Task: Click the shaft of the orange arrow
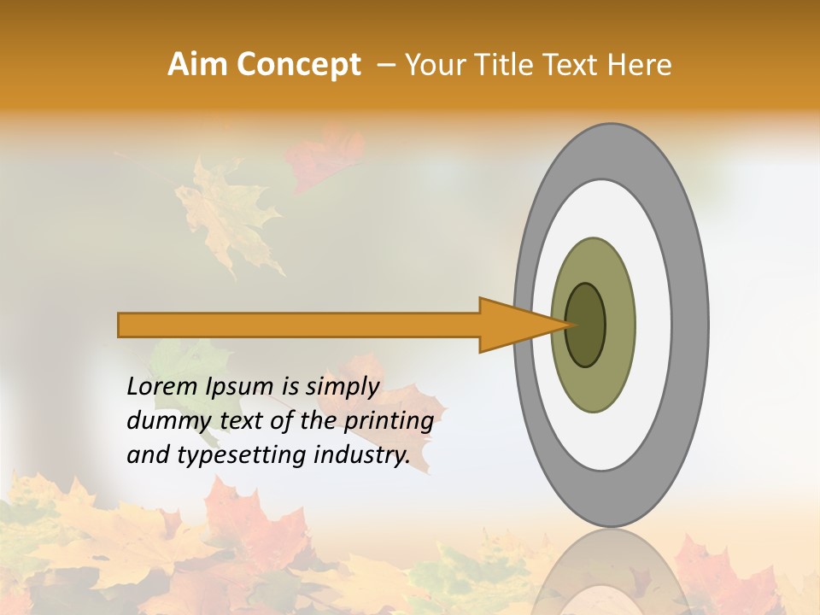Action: tap(299, 325)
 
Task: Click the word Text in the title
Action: tap(575, 65)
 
